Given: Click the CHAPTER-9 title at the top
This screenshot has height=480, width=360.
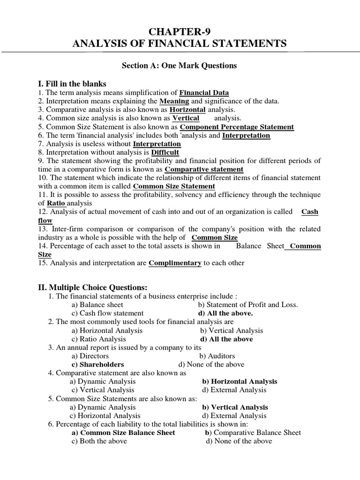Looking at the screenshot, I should tap(180, 31).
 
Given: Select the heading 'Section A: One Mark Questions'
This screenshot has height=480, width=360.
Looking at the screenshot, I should tap(180, 66).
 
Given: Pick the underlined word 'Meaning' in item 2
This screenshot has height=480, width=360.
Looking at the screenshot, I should tap(174, 101).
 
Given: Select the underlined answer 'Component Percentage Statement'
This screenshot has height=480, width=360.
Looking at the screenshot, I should tap(237, 127).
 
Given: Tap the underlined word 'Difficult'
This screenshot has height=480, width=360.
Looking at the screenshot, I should tap(165, 152).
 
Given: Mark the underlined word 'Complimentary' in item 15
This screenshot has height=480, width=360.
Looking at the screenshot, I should tap(175, 263).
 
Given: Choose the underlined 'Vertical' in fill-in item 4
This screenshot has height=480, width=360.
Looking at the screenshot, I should tap(186, 118).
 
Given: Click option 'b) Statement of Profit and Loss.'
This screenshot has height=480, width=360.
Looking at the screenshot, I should tap(248, 305).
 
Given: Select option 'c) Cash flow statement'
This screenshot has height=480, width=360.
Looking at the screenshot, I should tap(107, 313).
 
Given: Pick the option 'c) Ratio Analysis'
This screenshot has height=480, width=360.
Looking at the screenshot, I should tap(98, 339).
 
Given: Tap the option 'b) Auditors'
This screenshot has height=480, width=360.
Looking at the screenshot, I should tap(217, 356).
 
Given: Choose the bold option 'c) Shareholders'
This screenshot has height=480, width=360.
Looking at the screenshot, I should tap(97, 364).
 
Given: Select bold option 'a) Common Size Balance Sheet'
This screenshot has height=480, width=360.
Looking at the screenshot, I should tap(123, 432).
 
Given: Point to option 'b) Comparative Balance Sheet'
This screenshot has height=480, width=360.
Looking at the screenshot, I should tap(253, 432).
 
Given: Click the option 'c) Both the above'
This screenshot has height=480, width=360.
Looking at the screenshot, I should tap(101, 441).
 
